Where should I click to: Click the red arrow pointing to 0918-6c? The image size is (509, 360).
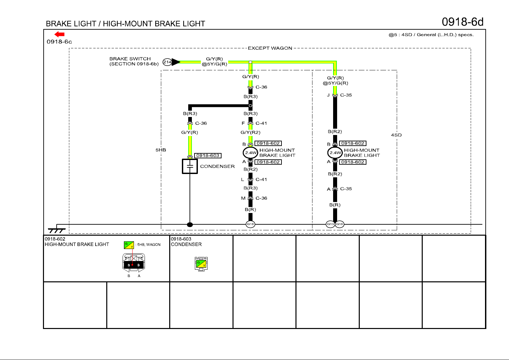click(x=59, y=34)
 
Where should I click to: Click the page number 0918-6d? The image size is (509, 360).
click(x=462, y=22)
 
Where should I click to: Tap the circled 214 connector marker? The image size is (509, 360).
click(x=167, y=62)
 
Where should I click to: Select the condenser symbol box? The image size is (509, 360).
click(x=190, y=166)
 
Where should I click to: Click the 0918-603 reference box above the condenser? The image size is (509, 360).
click(x=208, y=156)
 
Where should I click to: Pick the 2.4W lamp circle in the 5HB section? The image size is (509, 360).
click(x=251, y=153)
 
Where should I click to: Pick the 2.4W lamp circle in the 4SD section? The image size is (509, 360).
click(x=335, y=153)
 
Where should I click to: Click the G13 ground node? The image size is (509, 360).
click(x=330, y=224)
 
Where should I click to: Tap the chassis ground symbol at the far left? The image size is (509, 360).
click(x=57, y=230)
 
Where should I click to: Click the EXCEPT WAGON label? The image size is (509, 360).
click(x=270, y=48)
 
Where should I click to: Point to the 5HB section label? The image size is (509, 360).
click(x=161, y=150)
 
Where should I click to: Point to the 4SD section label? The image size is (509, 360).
click(x=396, y=135)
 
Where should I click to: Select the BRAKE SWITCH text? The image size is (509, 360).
click(x=130, y=59)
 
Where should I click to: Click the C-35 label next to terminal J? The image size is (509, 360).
click(x=346, y=95)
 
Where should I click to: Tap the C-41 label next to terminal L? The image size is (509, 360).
click(x=261, y=179)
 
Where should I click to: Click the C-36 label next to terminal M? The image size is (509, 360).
click(x=261, y=198)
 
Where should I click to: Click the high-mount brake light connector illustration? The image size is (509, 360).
click(x=134, y=262)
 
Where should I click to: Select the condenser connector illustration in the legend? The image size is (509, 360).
click(x=201, y=264)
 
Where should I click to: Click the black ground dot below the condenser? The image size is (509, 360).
click(x=190, y=225)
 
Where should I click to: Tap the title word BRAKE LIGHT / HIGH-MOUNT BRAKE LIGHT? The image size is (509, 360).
click(x=125, y=24)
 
